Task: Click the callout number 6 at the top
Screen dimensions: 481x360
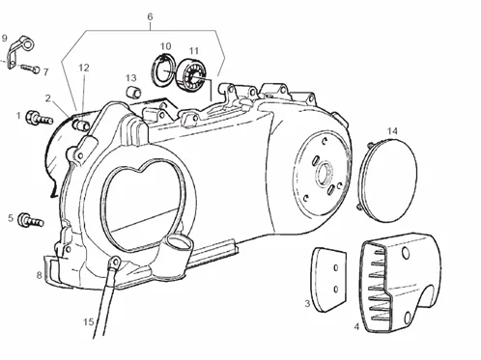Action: [150, 16]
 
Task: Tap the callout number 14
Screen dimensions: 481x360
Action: [392, 131]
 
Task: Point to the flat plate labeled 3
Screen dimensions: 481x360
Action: [328, 280]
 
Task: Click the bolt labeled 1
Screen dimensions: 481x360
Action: [39, 118]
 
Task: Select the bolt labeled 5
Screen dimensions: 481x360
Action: [31, 220]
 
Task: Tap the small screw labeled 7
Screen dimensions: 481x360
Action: [31, 69]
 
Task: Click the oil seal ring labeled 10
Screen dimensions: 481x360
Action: [163, 69]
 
